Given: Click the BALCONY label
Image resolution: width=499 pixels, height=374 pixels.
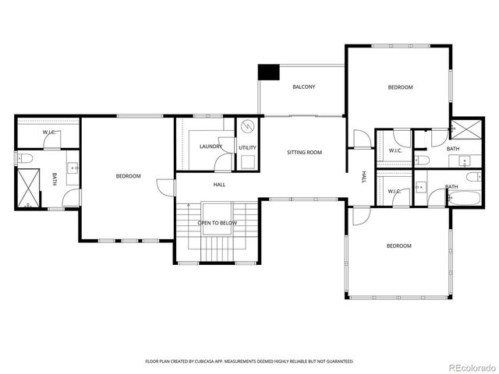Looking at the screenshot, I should tap(303, 86).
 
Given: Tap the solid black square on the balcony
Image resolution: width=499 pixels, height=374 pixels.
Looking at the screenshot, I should tap(269, 72).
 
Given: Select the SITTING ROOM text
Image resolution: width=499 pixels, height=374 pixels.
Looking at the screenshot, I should tap(304, 152).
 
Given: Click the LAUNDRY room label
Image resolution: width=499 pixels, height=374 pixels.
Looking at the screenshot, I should tap(211, 146).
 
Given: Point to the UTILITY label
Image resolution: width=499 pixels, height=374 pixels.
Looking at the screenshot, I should tap(248, 146).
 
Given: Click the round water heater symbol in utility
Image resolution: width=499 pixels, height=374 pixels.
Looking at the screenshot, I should tap(248, 127).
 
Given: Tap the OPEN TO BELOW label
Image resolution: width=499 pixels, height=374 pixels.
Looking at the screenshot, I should tap(217, 222).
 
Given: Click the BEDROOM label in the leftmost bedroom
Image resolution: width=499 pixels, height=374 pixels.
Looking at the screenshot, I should tap(128, 176).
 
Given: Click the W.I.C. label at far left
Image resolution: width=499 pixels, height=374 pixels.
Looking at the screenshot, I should tap(48, 132).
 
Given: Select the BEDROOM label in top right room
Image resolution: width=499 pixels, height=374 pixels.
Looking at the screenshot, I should tap(400, 87).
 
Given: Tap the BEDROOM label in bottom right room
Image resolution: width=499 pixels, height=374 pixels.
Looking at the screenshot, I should tap(398, 246).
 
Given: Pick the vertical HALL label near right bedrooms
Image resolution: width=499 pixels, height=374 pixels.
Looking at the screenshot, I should tap(363, 178).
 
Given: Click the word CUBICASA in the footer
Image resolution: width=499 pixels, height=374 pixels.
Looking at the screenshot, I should tap(211, 362).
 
